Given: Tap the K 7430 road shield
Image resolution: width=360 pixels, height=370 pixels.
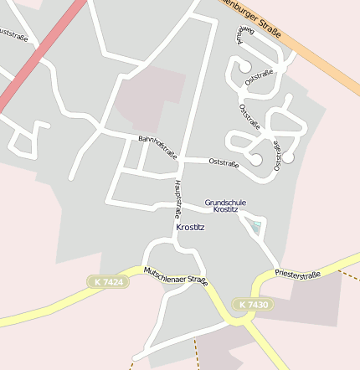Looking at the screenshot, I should [252, 305].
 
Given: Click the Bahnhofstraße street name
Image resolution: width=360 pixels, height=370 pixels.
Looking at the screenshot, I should [157, 146].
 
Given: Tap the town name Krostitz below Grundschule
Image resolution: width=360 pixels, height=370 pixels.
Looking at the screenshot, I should [190, 227].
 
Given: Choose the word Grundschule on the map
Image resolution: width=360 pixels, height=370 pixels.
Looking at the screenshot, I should [225, 202].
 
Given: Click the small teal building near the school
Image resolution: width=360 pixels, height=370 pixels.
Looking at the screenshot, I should [257, 225].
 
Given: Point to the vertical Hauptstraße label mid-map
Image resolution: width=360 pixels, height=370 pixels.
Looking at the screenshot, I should [177, 199].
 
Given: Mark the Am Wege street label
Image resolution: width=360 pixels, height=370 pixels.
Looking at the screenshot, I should [240, 35].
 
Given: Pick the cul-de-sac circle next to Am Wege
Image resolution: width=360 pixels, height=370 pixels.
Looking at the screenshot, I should [245, 66].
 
